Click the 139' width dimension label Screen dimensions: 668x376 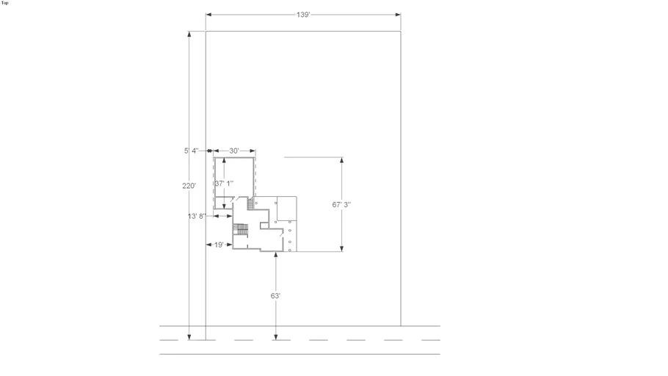pyautogui.click(x=303, y=15)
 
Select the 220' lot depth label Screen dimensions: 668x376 pyautogui.click(x=189, y=186)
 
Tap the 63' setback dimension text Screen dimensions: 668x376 pyautogui.click(x=275, y=295)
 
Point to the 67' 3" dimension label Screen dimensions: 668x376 pyautogui.click(x=341, y=205)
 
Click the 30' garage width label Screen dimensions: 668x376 pyautogui.click(x=234, y=151)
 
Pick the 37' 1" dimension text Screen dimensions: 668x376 pyautogui.click(x=224, y=184)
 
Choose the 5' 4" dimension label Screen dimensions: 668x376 pyautogui.click(x=192, y=151)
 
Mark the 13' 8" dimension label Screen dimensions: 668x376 pyautogui.click(x=197, y=216)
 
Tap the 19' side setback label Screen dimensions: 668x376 pyautogui.click(x=219, y=245)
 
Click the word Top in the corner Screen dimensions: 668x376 pyautogui.click(x=4, y=3)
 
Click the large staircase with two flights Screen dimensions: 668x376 pyautogui.click(x=241, y=229)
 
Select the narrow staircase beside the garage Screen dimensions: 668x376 pyautogui.click(x=250, y=203)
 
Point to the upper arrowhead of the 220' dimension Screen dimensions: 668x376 pyautogui.click(x=189, y=34)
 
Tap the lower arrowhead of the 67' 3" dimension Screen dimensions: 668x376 pyautogui.click(x=341, y=248)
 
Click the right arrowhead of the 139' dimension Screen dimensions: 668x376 pyautogui.click(x=398, y=15)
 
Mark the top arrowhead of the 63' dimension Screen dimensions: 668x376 pyautogui.click(x=275, y=255)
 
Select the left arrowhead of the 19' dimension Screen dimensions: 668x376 pyautogui.click(x=208, y=245)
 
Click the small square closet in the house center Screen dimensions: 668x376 pyautogui.click(x=264, y=225)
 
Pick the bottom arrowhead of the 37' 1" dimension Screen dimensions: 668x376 pyautogui.click(x=224, y=206)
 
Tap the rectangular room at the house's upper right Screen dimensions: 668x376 pyautogui.click(x=287, y=209)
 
